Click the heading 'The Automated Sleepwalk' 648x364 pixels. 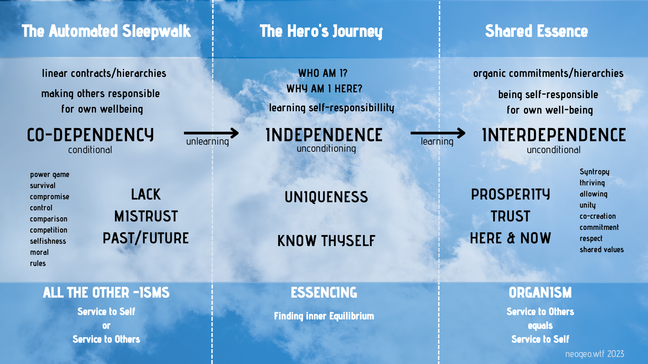106,31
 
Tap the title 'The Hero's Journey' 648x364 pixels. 321,31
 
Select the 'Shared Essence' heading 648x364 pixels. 537,31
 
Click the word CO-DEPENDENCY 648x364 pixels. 90,135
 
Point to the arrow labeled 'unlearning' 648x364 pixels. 211,133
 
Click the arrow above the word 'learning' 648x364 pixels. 438,133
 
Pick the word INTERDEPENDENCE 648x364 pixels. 554,135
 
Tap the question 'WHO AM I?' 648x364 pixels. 323,73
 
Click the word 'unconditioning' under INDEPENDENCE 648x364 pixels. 326,149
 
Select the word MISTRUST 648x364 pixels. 146,216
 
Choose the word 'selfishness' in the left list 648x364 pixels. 48,241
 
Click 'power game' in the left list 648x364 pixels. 50,175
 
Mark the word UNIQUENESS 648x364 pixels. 326,197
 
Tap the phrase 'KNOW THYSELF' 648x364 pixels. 326,241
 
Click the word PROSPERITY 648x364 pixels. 511,194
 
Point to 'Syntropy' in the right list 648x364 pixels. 595,172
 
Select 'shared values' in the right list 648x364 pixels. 602,250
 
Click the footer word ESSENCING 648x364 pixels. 324,293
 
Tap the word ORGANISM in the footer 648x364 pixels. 540,293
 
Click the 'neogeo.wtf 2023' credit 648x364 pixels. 595,354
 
